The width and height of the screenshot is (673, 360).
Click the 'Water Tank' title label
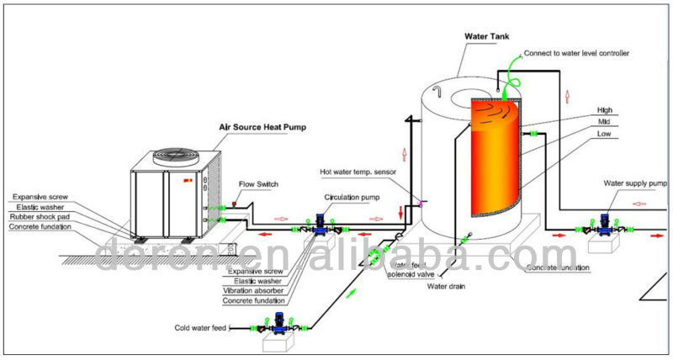(x=490, y=36)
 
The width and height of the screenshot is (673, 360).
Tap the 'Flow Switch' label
(x=257, y=183)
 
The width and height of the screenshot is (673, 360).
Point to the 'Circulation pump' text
(x=352, y=196)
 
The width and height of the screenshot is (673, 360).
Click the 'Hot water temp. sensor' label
(x=359, y=171)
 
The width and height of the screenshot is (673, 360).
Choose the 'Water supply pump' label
(x=634, y=183)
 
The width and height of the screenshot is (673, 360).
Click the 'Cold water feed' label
(x=199, y=327)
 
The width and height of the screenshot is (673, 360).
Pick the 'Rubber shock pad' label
(x=43, y=218)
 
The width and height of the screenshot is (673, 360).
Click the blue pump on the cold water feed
(x=279, y=324)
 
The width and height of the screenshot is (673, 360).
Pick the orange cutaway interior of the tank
(x=496, y=160)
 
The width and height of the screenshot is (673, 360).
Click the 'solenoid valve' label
(x=411, y=274)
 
